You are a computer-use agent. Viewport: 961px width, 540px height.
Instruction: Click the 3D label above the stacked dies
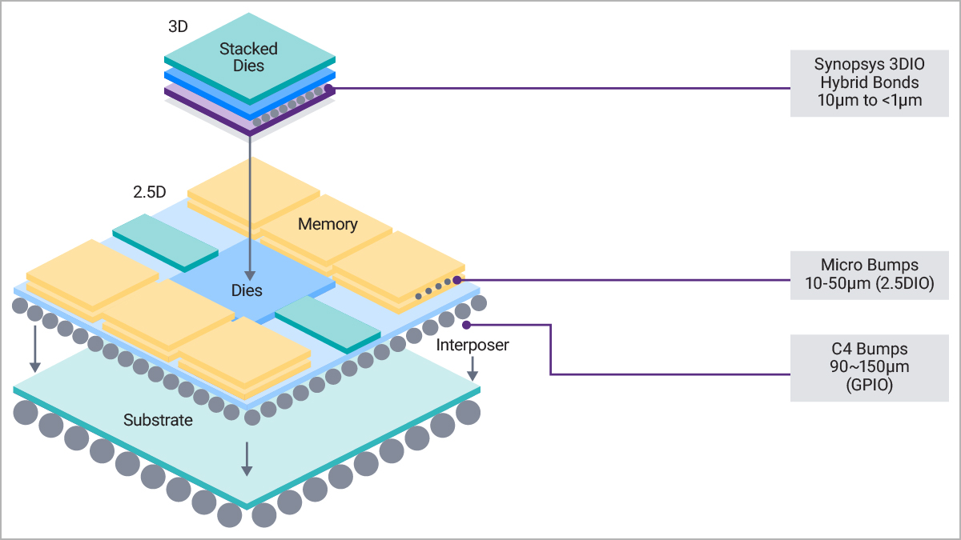point(178,26)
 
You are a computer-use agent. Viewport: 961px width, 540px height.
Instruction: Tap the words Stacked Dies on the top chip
point(248,57)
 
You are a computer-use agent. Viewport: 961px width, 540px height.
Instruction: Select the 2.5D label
point(149,192)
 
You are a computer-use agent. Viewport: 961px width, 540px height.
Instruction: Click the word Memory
point(328,224)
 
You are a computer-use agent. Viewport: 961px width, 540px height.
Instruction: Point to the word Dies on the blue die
point(247,290)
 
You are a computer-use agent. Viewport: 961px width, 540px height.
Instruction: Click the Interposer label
point(472,345)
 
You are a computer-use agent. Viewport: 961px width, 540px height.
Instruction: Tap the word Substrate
point(158,420)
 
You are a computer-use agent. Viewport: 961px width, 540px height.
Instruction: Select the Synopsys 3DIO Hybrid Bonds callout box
point(869,83)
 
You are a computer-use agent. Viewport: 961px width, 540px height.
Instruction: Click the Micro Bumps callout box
point(869,275)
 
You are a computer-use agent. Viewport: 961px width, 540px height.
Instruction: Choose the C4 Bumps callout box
point(869,368)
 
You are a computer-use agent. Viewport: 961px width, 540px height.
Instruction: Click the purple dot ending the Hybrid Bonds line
point(328,89)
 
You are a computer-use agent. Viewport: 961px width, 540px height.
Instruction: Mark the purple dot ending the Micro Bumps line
point(457,280)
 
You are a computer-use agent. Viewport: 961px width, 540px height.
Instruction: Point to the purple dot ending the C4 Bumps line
point(467,326)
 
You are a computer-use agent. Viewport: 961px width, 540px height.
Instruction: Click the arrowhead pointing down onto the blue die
point(250,275)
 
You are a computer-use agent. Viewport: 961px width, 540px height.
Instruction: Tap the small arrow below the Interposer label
point(472,369)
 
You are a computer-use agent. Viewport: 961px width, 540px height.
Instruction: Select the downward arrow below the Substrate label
point(247,459)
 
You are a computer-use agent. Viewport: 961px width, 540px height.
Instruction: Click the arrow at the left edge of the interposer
point(34,349)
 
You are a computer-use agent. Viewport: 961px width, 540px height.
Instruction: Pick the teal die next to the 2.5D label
point(166,243)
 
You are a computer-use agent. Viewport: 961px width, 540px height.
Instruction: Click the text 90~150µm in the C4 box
point(869,367)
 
